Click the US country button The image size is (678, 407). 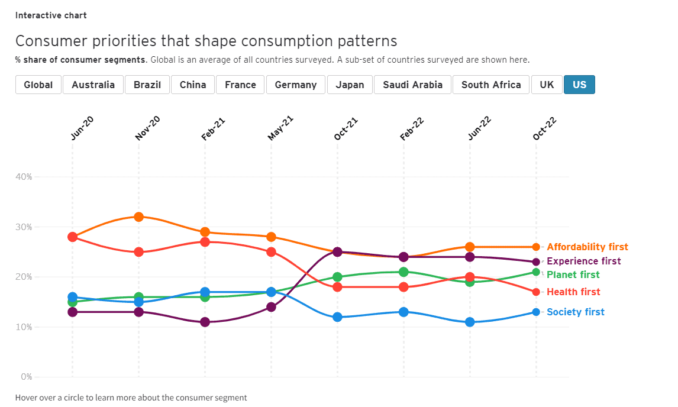579,85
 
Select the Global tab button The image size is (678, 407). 38,85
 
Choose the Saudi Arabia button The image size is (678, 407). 412,85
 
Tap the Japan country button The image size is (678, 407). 350,85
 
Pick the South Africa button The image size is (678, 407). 491,85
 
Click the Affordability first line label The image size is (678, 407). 587,247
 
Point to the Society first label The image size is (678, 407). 576,312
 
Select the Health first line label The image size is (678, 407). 573,292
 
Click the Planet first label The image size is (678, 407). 573,275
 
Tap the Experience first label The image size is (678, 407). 584,261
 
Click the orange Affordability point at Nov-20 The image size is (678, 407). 138,217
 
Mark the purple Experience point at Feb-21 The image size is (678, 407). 205,322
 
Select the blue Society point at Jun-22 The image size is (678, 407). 470,322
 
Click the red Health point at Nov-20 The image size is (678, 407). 138,252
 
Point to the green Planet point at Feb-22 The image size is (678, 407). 403,272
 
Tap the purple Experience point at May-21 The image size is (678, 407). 271,307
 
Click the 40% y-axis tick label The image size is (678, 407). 24,177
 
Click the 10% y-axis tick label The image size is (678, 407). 24,327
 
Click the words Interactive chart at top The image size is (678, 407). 51,15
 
